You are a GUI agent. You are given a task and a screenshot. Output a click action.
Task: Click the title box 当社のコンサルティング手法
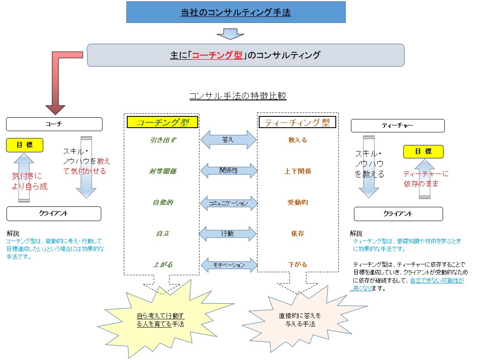[x=236, y=12]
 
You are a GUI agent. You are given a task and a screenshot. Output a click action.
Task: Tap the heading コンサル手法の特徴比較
[x=238, y=96]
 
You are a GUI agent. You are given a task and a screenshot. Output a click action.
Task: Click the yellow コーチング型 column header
[x=162, y=122]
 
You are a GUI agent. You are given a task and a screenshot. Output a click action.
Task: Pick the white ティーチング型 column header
[x=297, y=122]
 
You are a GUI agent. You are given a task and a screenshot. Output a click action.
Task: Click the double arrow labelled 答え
[x=228, y=140]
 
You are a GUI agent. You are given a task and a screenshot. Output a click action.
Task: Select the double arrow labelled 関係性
[x=228, y=170]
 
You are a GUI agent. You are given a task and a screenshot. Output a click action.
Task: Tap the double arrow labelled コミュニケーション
[x=228, y=202]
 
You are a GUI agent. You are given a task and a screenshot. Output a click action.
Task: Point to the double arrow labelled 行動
[x=228, y=234]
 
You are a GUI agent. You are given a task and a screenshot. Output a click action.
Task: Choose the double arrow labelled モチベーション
[x=228, y=265]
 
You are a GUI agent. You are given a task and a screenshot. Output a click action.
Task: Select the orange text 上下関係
[x=297, y=171]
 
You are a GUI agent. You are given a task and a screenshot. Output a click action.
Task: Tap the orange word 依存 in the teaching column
[x=297, y=234]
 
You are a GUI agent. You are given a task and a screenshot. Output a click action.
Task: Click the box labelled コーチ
[x=54, y=124]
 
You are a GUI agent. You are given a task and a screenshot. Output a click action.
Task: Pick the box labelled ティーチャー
[x=397, y=126]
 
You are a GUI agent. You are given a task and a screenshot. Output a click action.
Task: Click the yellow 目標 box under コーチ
[x=25, y=145]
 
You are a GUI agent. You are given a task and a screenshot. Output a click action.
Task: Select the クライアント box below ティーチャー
[x=398, y=214]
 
